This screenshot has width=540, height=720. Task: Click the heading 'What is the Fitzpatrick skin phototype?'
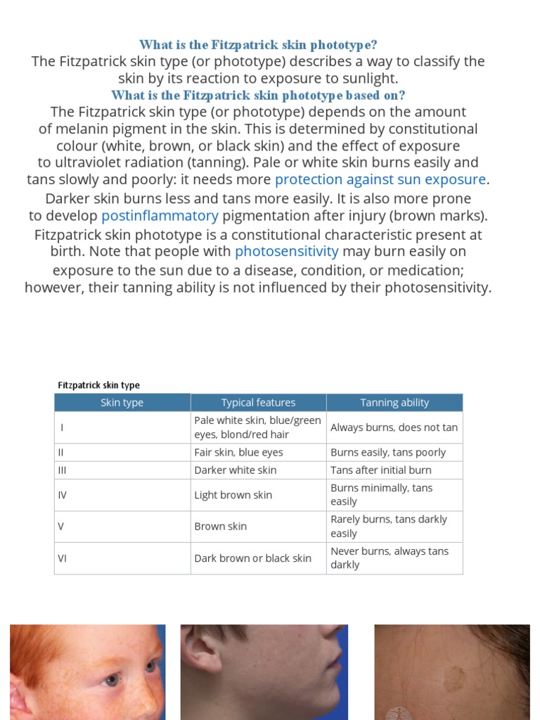point(258,45)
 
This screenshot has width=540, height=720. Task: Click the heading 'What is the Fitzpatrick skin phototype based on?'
point(258,95)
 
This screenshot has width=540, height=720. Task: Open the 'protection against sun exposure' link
point(380,179)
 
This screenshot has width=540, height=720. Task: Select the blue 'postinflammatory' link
point(160,215)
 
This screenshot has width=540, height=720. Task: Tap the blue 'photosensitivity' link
point(287,251)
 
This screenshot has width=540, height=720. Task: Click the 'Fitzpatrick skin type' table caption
point(98,385)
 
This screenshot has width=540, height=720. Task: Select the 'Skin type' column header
point(122,403)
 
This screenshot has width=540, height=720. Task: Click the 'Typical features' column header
point(258,403)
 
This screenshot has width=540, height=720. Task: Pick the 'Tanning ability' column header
point(394,403)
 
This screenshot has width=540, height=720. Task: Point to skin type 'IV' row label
point(63,495)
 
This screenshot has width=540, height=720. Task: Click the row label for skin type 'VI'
point(63,558)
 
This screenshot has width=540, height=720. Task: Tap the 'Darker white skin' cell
point(236,470)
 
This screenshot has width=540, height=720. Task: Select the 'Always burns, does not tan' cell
point(394,427)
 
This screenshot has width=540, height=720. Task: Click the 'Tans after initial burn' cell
point(381,470)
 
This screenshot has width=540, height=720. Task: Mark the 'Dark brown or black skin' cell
point(252,558)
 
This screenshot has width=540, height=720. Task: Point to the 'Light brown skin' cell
point(233,495)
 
